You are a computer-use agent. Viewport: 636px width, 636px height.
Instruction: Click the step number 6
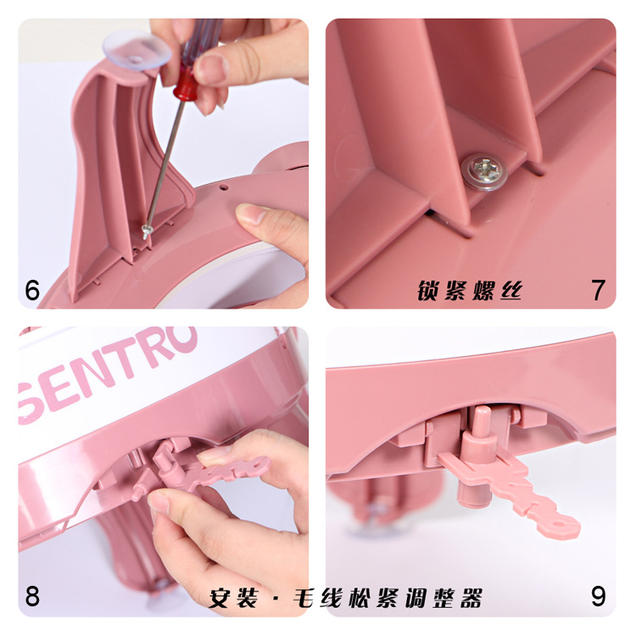click(32, 290)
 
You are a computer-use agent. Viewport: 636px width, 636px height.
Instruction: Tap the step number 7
click(599, 290)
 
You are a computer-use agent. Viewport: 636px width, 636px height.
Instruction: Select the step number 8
click(32, 596)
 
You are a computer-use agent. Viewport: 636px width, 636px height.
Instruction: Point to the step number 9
click(599, 596)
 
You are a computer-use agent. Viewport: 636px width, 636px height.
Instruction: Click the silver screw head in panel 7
click(484, 171)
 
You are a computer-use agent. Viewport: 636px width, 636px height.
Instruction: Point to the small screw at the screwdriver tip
click(147, 232)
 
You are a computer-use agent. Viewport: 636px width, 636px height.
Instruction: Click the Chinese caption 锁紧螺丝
click(470, 290)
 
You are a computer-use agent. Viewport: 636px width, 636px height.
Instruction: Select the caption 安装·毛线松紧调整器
click(346, 598)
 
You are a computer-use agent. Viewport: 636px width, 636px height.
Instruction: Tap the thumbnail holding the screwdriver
click(211, 67)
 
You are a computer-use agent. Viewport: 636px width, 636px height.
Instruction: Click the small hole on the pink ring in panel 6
click(224, 187)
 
